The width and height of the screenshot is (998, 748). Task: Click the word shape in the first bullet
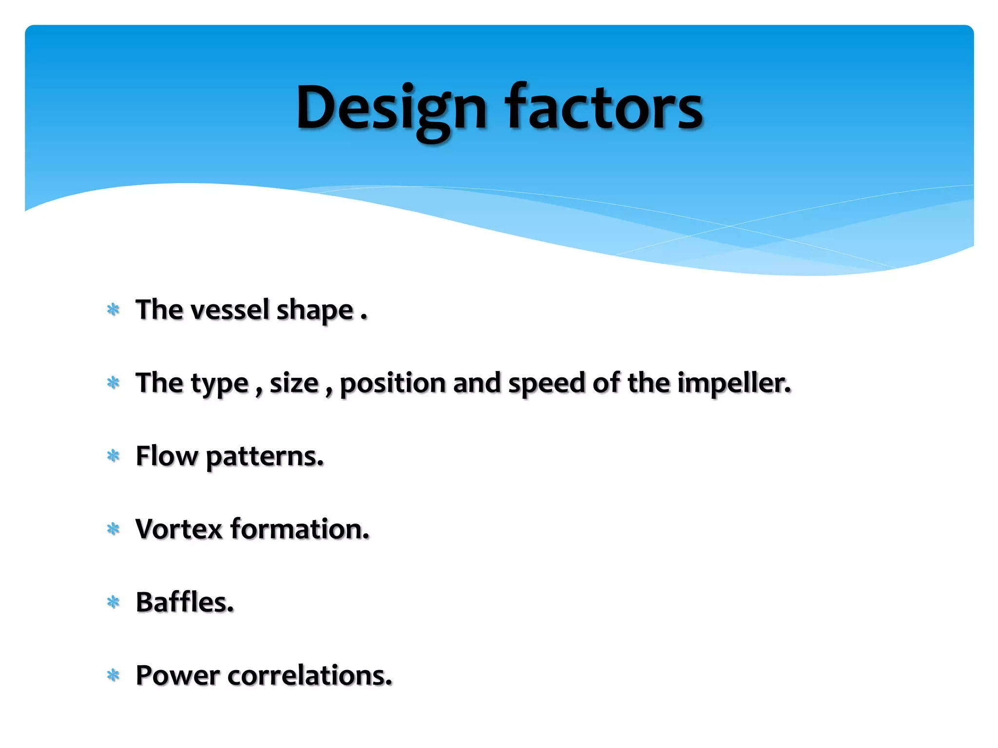click(x=315, y=311)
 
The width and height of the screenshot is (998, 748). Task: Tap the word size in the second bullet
click(x=294, y=383)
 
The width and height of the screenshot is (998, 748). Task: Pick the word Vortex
click(x=179, y=529)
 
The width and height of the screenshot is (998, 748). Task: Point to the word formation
click(x=300, y=529)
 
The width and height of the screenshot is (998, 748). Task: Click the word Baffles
click(x=185, y=602)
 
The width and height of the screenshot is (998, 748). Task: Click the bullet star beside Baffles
click(x=113, y=602)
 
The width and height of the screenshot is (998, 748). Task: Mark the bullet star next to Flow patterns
click(x=113, y=456)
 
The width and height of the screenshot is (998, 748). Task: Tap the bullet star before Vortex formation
click(x=113, y=529)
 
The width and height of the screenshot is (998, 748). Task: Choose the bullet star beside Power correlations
click(x=113, y=675)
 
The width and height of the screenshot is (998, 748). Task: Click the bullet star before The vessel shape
click(x=113, y=310)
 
